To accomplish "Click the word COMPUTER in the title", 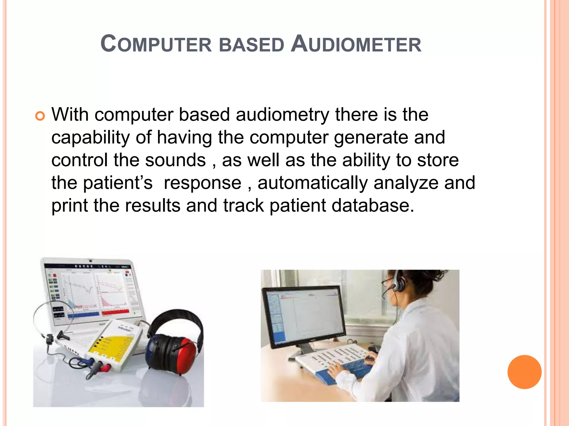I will [x=156, y=44].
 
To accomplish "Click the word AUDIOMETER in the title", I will [x=356, y=44].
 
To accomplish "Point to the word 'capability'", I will [x=91, y=138].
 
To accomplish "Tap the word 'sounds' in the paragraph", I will [x=176, y=160].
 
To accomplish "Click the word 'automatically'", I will [x=313, y=183].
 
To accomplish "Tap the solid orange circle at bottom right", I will [x=524, y=372].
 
